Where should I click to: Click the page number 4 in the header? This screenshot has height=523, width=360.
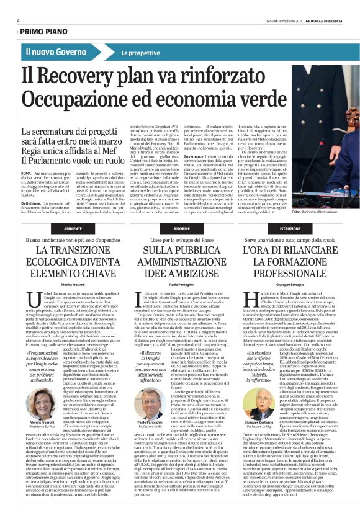pos(17,20)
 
